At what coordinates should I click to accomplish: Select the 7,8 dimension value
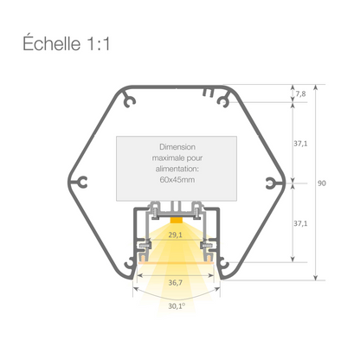pos(299,93)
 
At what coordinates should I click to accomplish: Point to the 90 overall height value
pos(322,183)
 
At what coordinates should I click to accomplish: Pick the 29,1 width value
pos(176,235)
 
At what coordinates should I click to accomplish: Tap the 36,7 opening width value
pos(176,282)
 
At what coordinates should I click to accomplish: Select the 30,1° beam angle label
pos(177,304)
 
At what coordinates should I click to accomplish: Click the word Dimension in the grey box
pos(177,148)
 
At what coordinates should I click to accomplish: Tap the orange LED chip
pos(177,220)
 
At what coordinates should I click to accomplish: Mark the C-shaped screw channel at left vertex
pos(84,183)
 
